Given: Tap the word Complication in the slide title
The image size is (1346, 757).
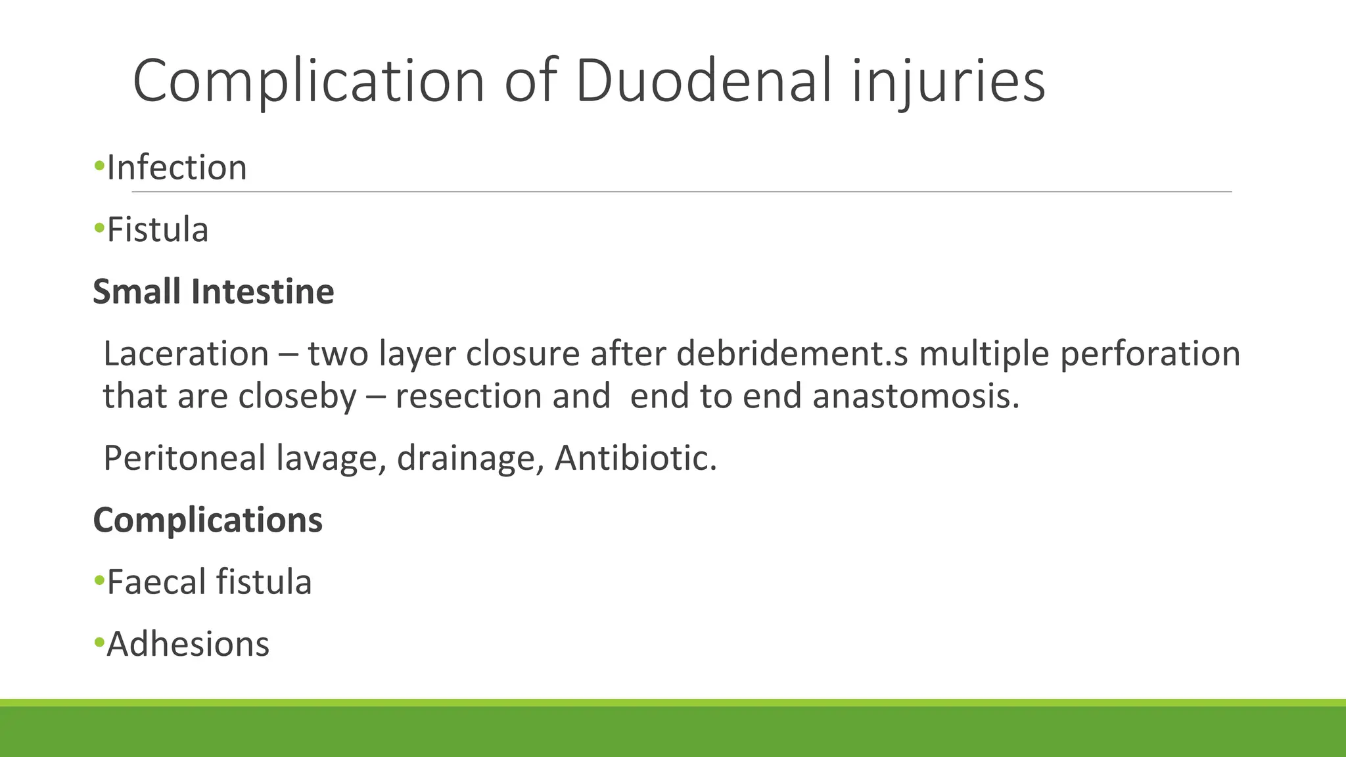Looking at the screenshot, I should (x=308, y=81).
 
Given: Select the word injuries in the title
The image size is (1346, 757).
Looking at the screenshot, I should (x=948, y=81).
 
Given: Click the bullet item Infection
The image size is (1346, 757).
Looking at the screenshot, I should (x=177, y=168).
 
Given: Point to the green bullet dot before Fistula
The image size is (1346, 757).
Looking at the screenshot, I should (x=99, y=229).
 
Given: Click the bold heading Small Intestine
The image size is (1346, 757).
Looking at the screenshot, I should (x=214, y=291).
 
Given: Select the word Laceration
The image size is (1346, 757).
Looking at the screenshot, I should (x=186, y=354).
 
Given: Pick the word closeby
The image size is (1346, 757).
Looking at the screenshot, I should (x=297, y=396).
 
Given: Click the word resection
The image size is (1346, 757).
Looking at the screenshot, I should (x=469, y=396).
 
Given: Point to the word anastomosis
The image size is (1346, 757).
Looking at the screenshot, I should (x=916, y=396).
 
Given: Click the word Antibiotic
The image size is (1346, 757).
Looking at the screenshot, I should (x=635, y=458).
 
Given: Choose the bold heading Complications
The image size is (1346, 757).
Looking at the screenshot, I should (x=208, y=520).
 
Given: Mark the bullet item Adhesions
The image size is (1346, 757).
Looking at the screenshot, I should (x=188, y=644).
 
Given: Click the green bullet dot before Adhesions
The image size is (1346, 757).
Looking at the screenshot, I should (x=99, y=642).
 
